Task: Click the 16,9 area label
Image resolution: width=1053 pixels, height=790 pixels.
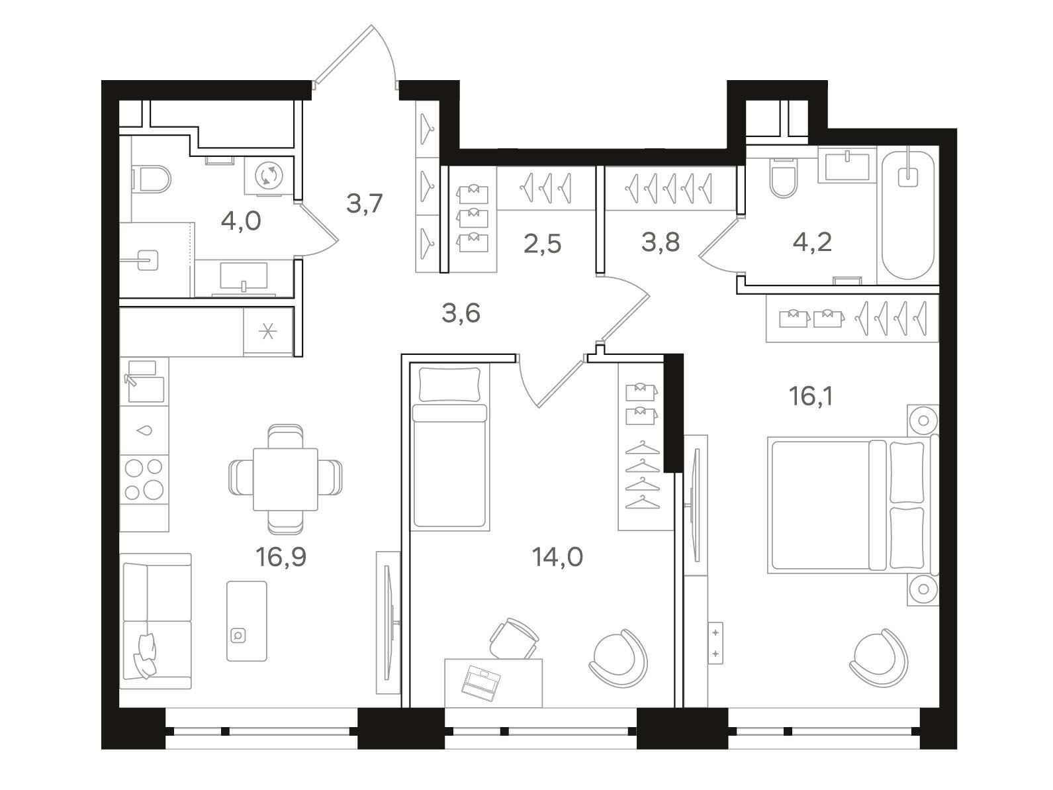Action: click(x=281, y=557)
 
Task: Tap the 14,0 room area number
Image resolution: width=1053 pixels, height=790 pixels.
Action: click(x=557, y=557)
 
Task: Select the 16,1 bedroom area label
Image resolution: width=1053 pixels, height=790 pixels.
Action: click(x=811, y=397)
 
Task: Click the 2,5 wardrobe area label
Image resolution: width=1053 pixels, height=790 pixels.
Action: click(x=543, y=244)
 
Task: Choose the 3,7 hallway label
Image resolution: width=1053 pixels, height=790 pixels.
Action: click(x=365, y=203)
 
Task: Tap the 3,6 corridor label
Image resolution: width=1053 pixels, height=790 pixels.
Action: click(x=461, y=313)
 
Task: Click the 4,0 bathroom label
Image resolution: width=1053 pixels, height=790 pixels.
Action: click(x=242, y=221)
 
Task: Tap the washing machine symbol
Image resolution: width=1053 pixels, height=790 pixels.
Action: click(x=269, y=175)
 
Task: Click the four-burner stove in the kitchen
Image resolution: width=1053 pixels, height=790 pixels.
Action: click(x=144, y=479)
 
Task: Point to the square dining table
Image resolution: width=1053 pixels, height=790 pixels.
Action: click(x=285, y=479)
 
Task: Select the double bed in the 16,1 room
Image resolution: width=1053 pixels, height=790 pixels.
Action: click(x=852, y=505)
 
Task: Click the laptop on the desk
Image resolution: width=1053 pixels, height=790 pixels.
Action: click(x=481, y=683)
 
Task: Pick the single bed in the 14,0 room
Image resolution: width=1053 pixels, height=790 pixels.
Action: click(x=449, y=446)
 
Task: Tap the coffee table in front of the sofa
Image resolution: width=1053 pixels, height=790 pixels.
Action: click(x=247, y=621)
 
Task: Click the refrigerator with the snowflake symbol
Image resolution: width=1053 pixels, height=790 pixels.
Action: click(x=268, y=332)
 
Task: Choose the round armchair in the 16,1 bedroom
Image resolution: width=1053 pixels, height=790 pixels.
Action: click(x=879, y=658)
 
